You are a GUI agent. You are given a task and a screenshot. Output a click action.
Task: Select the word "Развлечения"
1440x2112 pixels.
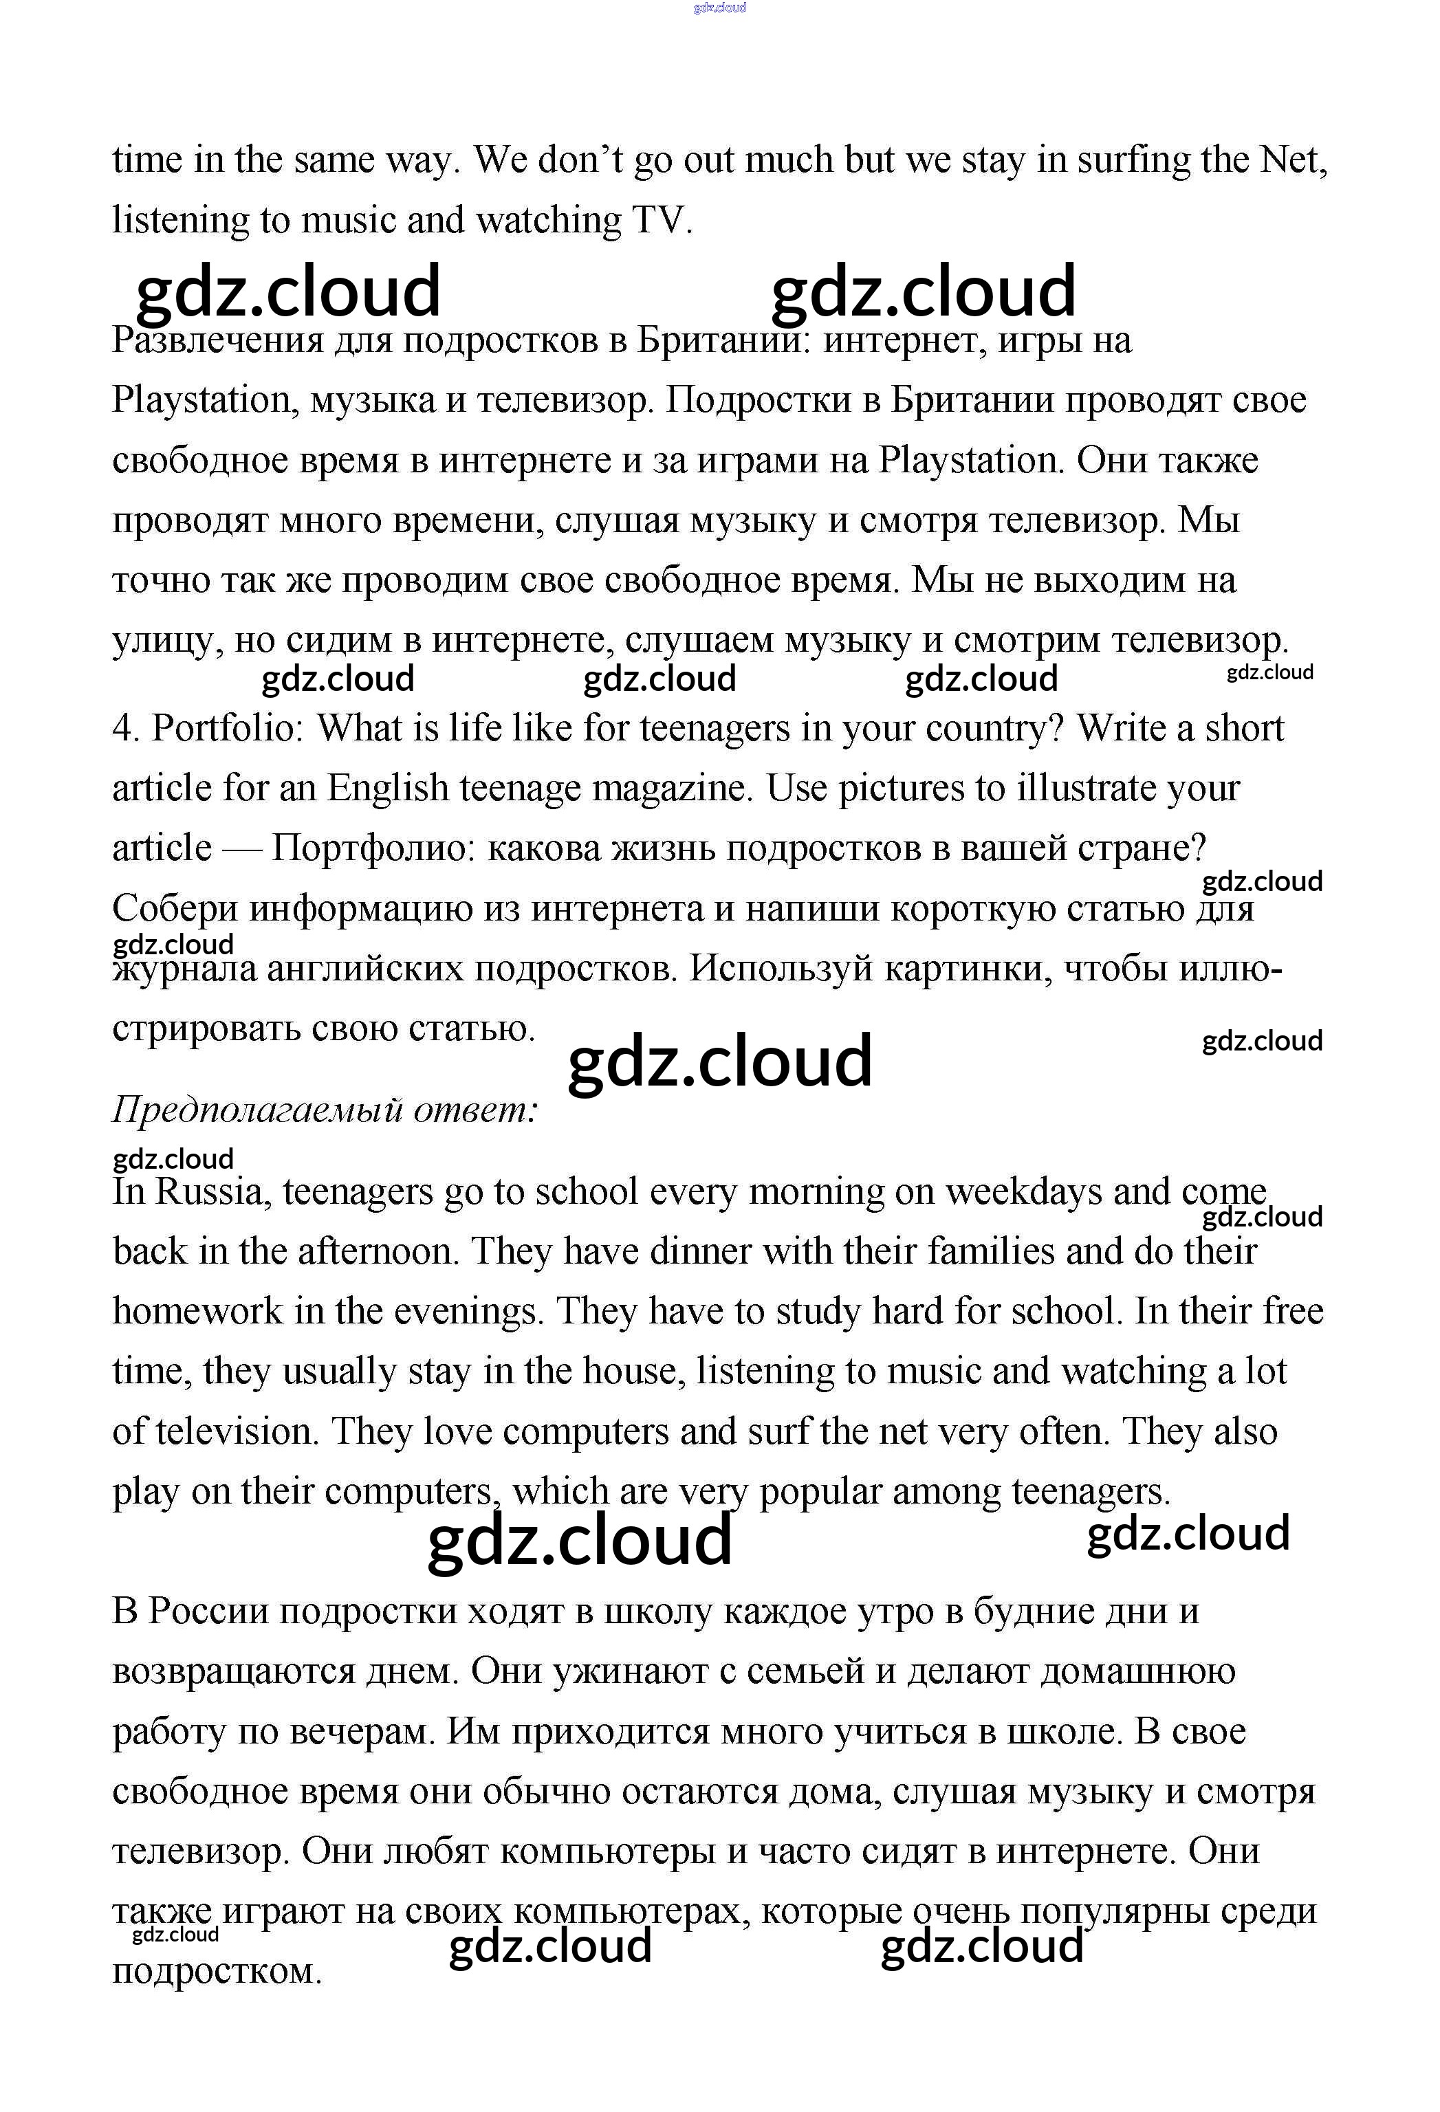[218, 342]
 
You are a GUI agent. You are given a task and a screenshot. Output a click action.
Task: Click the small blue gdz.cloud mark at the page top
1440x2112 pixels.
[719, 8]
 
